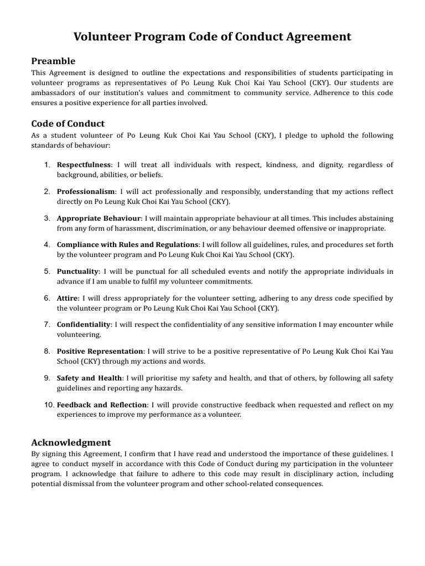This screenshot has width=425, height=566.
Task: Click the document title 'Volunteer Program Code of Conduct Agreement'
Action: pos(212,37)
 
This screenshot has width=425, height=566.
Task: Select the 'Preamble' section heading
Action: pos(53,61)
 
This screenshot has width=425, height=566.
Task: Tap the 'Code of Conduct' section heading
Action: pos(68,123)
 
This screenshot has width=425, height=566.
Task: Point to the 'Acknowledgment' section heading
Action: pos(71,442)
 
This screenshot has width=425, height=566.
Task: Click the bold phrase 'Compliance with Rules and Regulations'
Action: pos(127,244)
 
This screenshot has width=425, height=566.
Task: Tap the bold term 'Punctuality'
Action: pos(78,271)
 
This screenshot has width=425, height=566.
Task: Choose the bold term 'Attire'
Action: pos(68,298)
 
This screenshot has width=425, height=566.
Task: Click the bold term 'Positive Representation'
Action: pos(100,351)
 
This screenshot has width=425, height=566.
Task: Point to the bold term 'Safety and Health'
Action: pos(90,378)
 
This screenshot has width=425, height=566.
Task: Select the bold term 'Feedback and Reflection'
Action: pos(102,405)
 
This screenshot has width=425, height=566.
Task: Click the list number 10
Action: pos(49,405)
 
